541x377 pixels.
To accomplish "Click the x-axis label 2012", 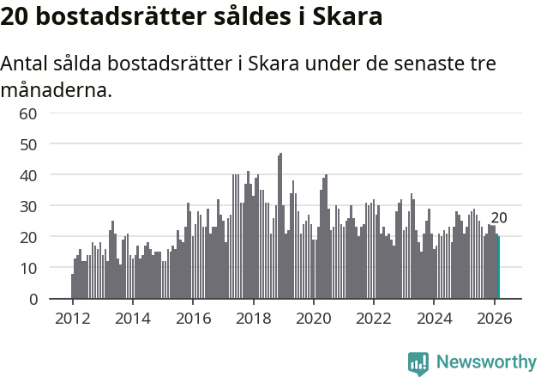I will coord(72,318).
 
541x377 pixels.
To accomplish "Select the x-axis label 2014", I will coord(132,318).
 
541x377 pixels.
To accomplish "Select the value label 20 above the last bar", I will coord(499,218).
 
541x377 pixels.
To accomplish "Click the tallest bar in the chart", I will coord(280,227).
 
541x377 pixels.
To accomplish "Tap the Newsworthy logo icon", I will coord(418,363).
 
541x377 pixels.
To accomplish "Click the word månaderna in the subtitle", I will coord(57,89).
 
